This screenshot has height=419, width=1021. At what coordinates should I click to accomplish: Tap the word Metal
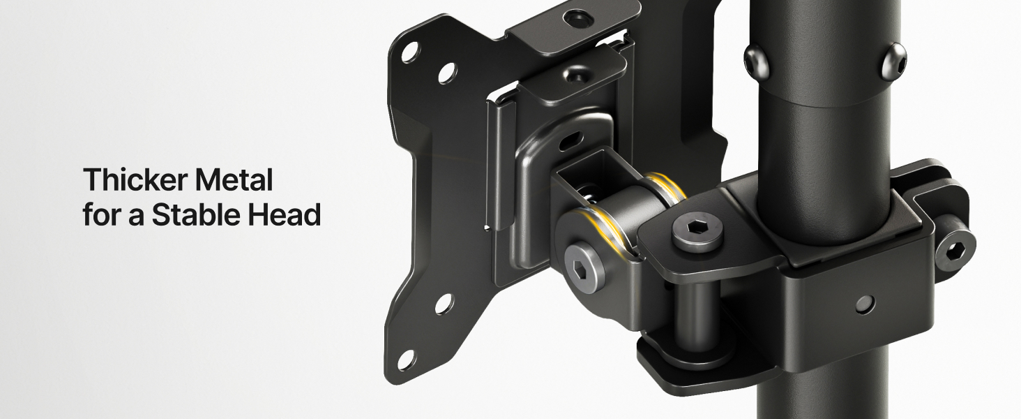(x=234, y=179)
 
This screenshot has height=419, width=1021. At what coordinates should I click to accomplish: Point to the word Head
(x=285, y=214)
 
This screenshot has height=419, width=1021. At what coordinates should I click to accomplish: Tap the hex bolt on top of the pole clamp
(x=697, y=231)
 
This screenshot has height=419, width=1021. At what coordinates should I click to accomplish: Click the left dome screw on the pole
(x=757, y=61)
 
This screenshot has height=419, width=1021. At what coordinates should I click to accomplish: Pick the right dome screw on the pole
(x=894, y=61)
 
